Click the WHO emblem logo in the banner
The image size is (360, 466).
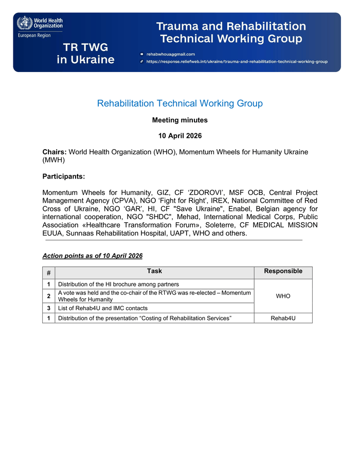[24, 23]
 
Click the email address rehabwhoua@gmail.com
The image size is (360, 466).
[171, 54]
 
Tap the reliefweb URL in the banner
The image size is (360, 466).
[237, 61]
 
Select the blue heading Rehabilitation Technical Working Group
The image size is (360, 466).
[180, 103]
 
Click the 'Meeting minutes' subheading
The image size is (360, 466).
[180, 120]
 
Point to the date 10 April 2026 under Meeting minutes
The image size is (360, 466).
[180, 136]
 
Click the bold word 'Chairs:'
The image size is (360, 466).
[55, 152]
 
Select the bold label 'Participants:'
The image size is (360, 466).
[63, 176]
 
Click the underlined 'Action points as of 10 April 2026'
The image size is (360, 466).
[93, 256]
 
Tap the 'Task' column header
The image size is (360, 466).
[154, 272]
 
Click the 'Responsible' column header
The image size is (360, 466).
[283, 272]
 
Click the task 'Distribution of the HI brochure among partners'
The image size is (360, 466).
[118, 284]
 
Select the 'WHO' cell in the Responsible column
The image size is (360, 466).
[283, 296]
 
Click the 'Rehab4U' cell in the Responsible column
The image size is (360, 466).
[283, 318]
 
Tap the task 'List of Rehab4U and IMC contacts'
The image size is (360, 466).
[103, 308]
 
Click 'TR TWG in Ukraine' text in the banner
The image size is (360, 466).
[86, 53]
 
